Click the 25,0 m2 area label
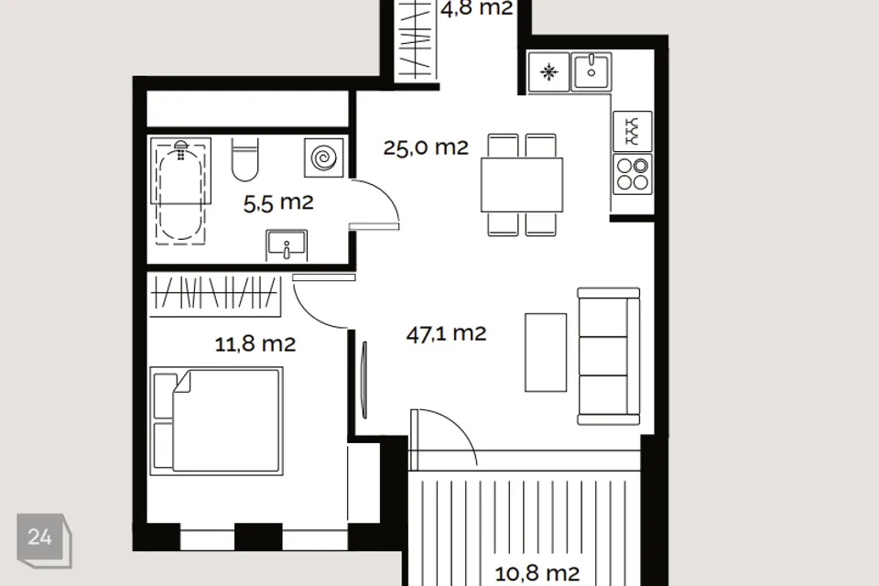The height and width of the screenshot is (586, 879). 426,147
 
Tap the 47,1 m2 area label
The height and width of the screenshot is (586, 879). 446,333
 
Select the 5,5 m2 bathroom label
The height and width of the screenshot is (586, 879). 278,202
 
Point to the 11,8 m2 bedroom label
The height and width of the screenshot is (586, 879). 255,343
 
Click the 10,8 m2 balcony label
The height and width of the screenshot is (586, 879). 537,573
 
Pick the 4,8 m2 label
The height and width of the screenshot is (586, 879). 476,9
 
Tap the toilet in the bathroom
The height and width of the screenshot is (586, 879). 245,160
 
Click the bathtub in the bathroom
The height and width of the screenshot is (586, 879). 180,190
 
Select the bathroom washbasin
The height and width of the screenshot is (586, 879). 287,245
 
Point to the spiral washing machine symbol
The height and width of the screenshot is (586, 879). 323,157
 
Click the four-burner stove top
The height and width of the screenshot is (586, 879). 633,174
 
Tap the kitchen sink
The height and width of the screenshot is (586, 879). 591,71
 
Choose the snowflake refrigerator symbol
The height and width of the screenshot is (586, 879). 548,71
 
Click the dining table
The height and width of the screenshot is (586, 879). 522,185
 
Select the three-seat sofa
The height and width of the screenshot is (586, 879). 609,356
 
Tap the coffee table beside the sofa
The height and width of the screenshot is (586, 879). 546,353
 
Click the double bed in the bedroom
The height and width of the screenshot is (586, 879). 216,420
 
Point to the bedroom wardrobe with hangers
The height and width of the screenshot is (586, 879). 215,296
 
